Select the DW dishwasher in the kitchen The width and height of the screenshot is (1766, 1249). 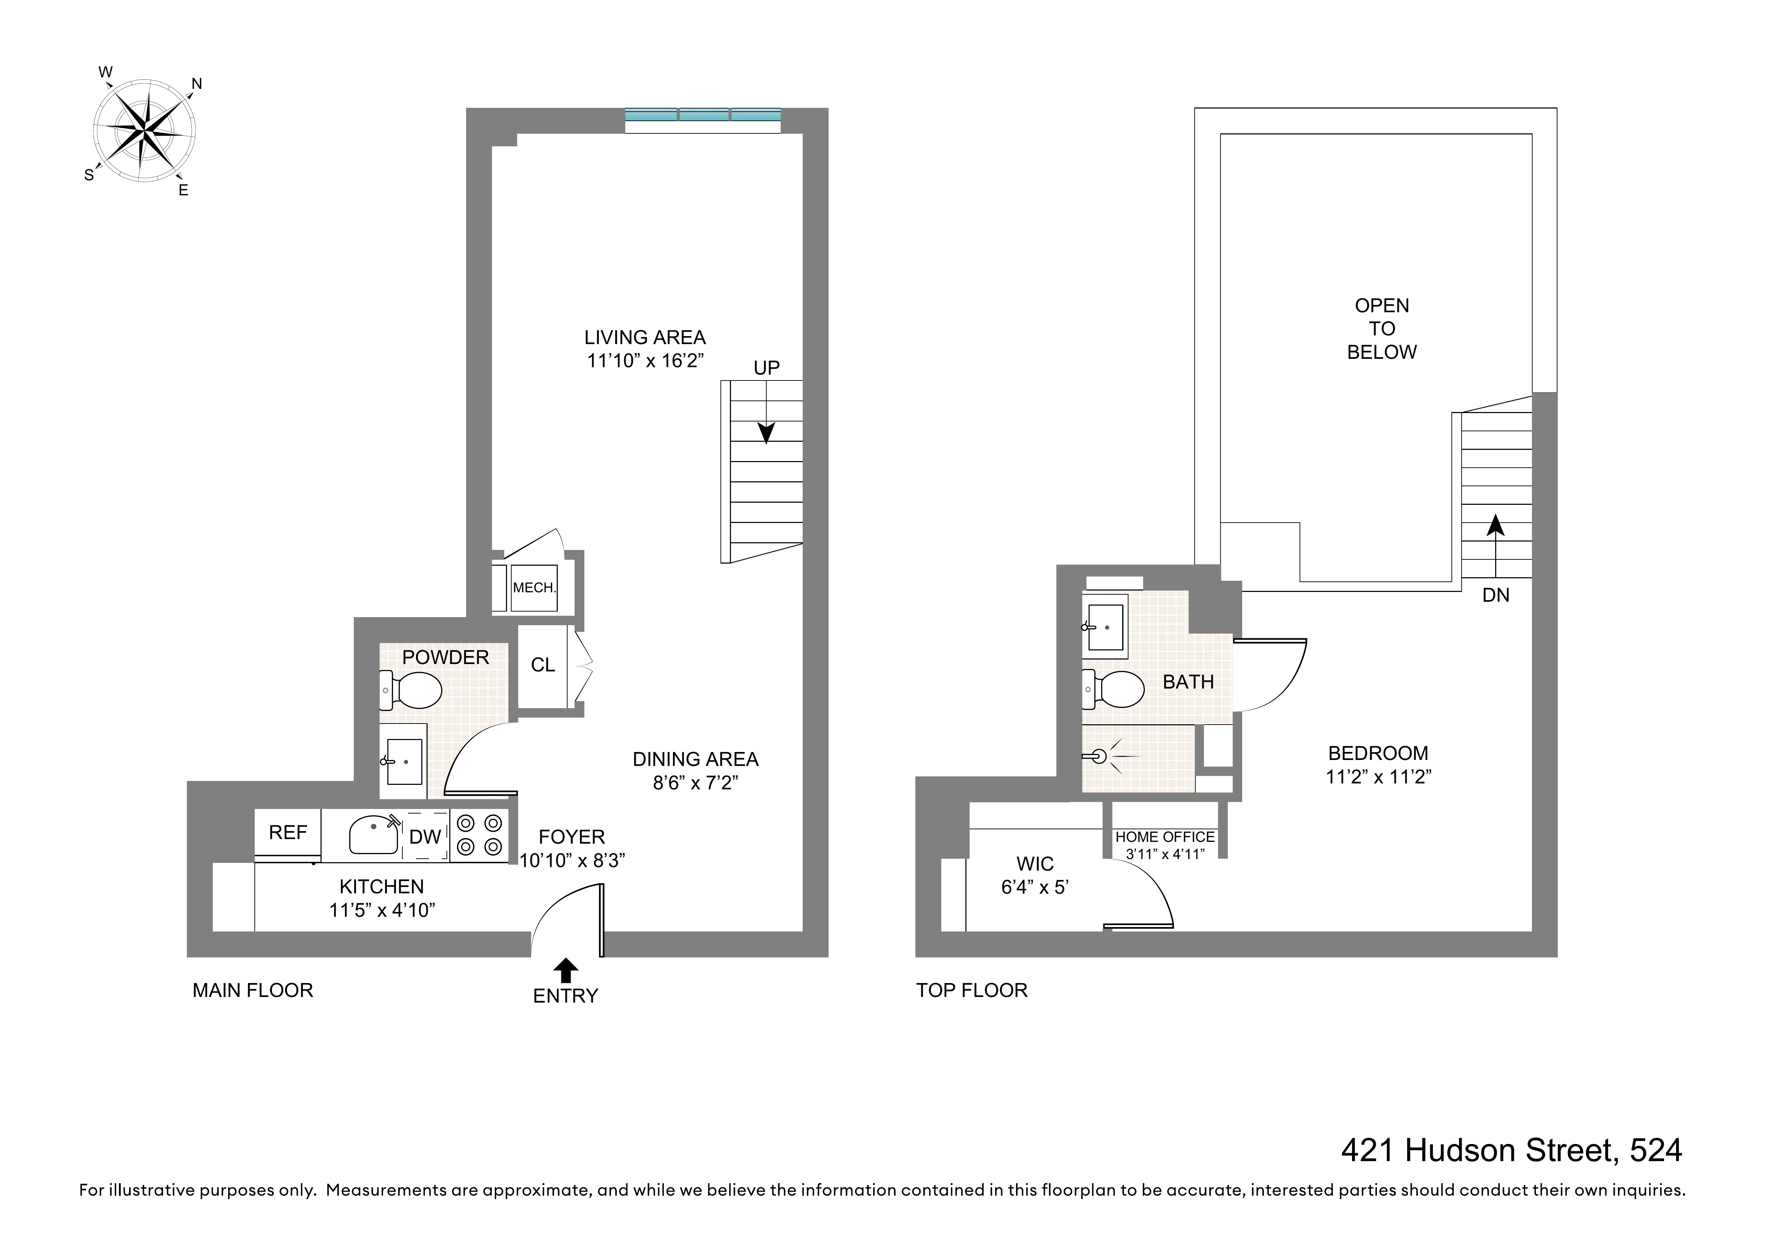pos(424,837)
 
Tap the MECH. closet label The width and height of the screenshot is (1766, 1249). pos(534,588)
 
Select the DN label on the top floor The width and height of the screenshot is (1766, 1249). pos(1495,595)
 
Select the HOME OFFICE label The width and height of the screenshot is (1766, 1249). pos(1165,837)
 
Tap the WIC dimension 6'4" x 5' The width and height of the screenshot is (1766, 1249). pos(1035,887)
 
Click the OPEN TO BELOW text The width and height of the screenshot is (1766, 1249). pos(1381,329)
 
